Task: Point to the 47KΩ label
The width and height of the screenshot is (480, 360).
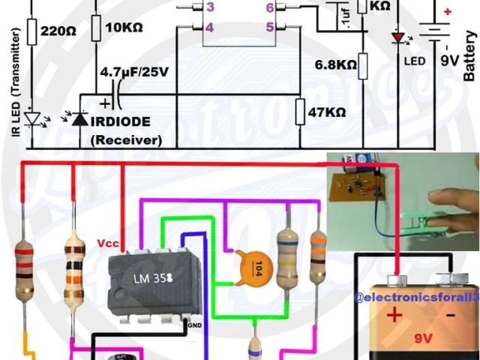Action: pyautogui.click(x=328, y=112)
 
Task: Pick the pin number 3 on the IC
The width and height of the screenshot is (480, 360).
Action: pyautogui.click(x=211, y=8)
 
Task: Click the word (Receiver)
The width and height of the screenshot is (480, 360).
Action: pyautogui.click(x=126, y=139)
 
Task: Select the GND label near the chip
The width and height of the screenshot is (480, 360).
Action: pyautogui.click(x=194, y=326)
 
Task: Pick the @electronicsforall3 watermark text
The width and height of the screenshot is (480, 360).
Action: pyautogui.click(x=416, y=297)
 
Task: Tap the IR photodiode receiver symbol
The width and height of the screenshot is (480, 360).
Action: pyautogui.click(x=78, y=120)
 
